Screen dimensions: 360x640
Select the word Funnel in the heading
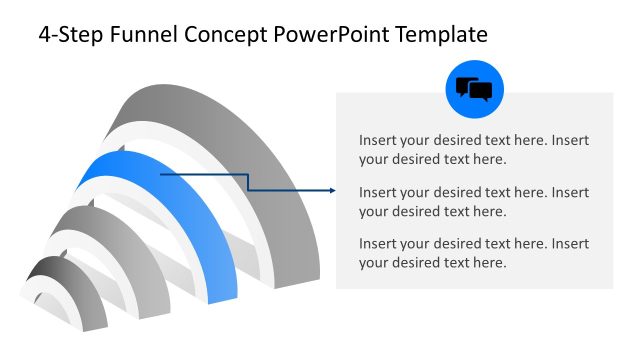pos(141,35)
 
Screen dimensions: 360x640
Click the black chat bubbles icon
pos(474,90)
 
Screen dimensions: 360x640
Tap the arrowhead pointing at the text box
pos(330,190)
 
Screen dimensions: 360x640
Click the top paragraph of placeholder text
pos(474,149)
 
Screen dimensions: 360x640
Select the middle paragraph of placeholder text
pos(474,201)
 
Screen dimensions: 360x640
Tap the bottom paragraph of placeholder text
pos(474,253)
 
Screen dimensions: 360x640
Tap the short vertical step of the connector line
pos(248,181)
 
